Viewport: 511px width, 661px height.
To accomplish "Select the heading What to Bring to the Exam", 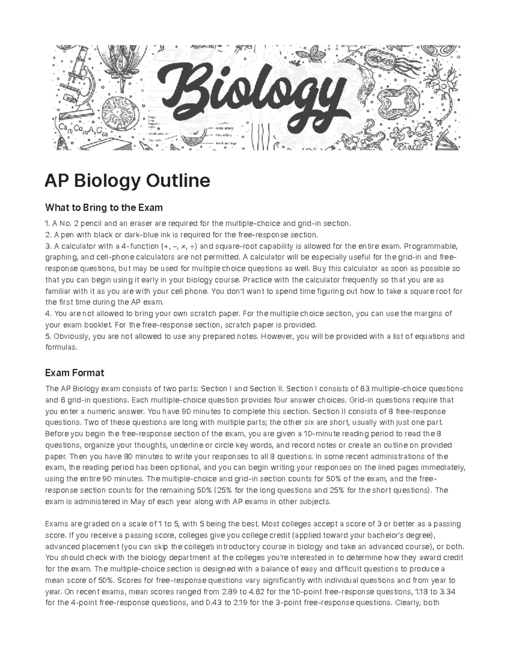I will (104, 208).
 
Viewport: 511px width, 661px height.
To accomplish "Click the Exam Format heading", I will (75, 373).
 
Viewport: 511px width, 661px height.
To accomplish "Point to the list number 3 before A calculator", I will (47, 246).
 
